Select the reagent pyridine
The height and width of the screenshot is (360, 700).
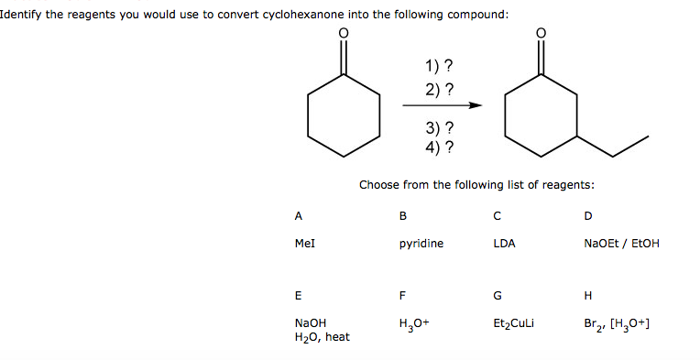click(421, 244)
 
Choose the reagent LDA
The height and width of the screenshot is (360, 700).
click(504, 244)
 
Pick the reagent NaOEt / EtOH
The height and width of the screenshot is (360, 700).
click(621, 244)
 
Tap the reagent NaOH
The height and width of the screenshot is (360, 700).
click(311, 323)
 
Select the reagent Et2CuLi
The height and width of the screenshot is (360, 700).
click(513, 323)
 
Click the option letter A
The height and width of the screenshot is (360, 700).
click(299, 216)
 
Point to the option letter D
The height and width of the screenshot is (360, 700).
click(587, 216)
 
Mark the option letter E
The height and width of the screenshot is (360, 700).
click(299, 296)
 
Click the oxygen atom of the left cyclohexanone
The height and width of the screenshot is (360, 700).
click(344, 34)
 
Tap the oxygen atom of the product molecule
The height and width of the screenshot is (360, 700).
click(541, 34)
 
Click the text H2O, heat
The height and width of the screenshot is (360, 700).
click(323, 337)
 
